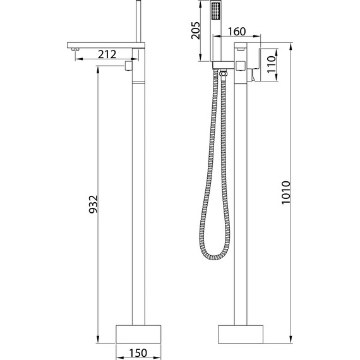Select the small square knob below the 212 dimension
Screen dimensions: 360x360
[x=128, y=65]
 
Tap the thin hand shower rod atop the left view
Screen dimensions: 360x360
[x=138, y=23]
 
